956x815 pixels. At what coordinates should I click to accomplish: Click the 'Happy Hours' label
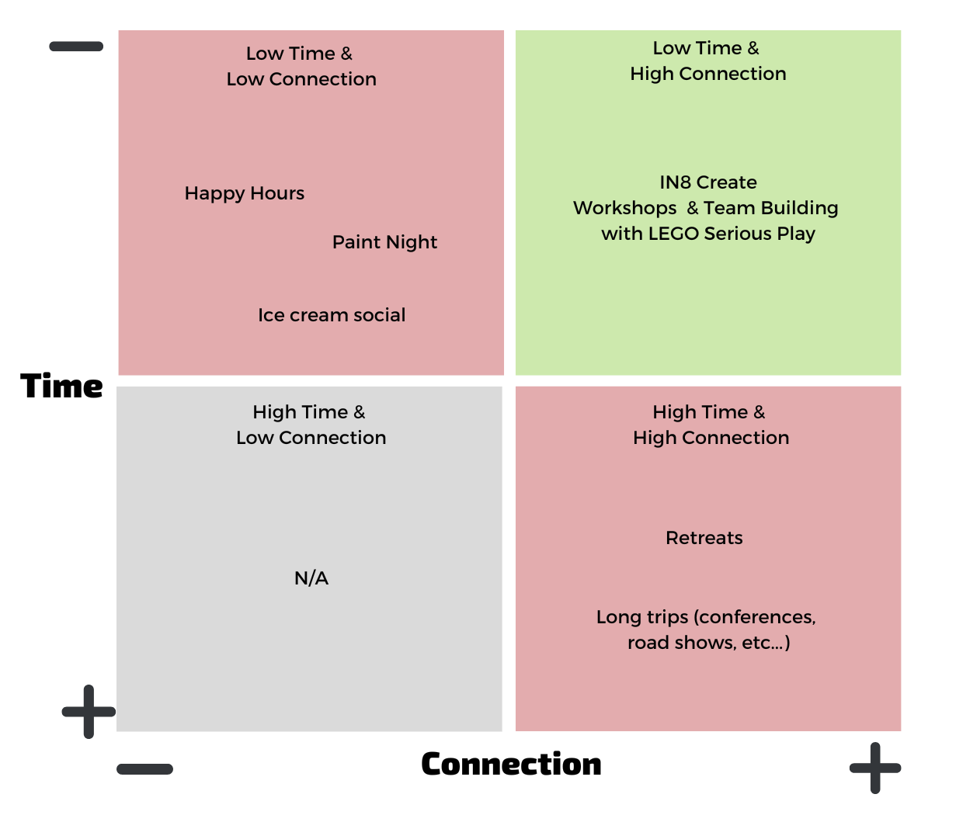tap(244, 193)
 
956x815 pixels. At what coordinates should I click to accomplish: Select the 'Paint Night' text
tap(384, 242)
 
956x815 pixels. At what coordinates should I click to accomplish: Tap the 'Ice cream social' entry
tap(332, 315)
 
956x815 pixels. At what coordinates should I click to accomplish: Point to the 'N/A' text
tap(311, 578)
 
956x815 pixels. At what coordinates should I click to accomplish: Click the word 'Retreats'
tap(704, 538)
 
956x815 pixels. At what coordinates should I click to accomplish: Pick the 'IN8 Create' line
tap(708, 182)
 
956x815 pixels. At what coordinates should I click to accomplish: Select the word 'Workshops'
tap(625, 208)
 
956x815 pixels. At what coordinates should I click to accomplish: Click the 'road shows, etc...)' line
tap(708, 643)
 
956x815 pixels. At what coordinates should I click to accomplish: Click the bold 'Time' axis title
tap(62, 386)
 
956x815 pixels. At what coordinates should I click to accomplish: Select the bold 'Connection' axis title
tap(511, 765)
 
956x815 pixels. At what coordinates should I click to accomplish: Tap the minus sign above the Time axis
tap(76, 47)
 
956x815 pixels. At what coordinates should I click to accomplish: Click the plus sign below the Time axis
tap(89, 711)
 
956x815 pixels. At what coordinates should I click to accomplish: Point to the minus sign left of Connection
tap(145, 769)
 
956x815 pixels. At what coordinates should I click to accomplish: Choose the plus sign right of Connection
tap(875, 768)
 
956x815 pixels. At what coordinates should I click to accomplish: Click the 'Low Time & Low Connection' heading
tap(301, 66)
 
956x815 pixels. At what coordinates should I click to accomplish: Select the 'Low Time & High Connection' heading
tap(707, 61)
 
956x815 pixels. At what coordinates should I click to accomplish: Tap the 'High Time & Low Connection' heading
tap(311, 425)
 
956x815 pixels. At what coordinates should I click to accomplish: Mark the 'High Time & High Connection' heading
tap(711, 425)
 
